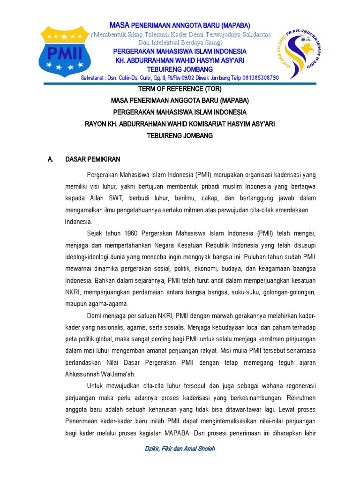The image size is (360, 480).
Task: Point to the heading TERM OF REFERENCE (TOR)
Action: tap(180, 88)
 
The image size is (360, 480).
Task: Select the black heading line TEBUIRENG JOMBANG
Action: tap(180, 135)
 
